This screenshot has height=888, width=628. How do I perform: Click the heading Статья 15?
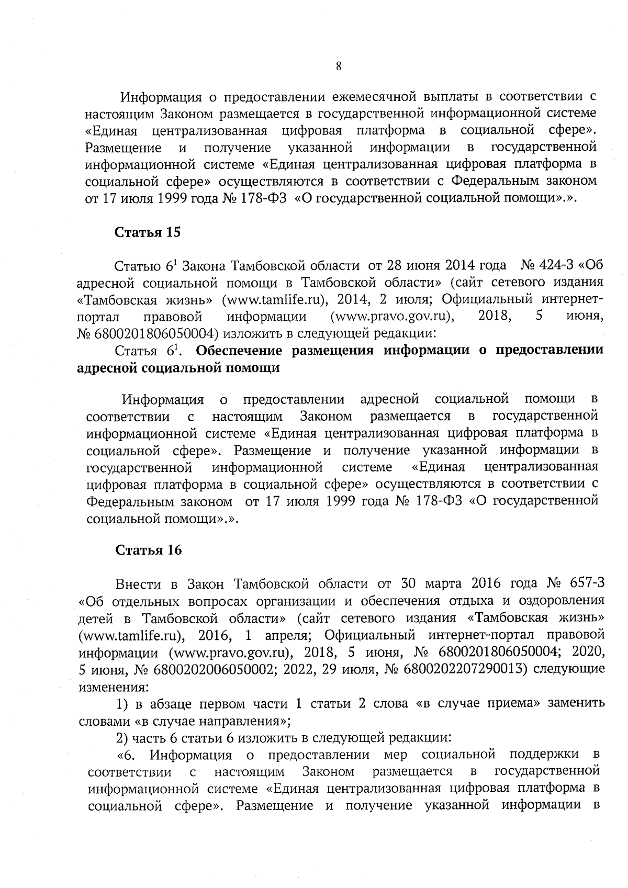click(148, 233)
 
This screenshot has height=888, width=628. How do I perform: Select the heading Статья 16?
click(148, 550)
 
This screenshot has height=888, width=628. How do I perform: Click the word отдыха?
click(454, 600)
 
